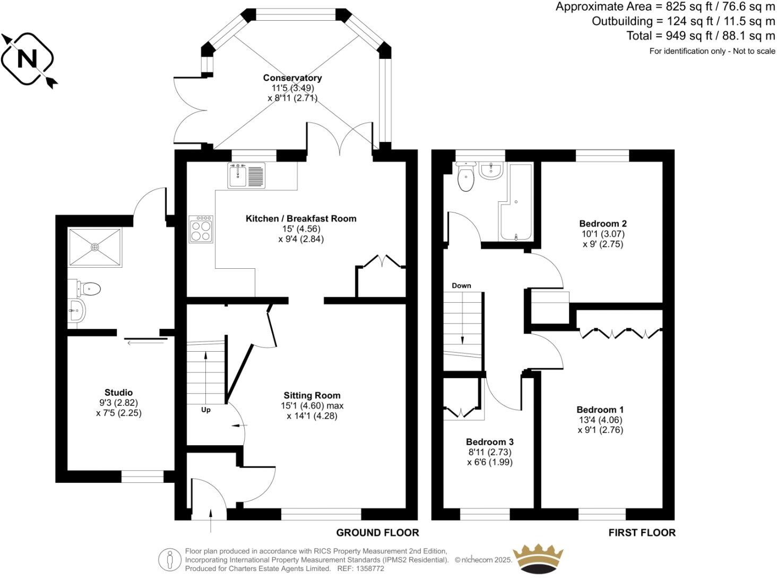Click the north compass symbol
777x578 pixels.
coord(28,59)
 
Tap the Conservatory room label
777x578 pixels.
coord(292,78)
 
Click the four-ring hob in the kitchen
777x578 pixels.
coord(201,229)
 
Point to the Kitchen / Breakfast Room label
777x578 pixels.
coord(301,218)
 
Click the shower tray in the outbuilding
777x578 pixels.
coord(94,247)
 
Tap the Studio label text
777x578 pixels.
coord(118,393)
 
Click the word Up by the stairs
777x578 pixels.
coord(206,410)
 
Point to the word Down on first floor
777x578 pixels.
coord(461,285)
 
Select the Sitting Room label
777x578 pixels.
coord(312,395)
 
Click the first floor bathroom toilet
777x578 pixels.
coord(466,177)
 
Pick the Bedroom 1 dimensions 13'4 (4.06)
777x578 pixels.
coord(600,420)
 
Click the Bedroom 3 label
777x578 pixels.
coord(489,442)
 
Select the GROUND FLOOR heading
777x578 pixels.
coord(377,532)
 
